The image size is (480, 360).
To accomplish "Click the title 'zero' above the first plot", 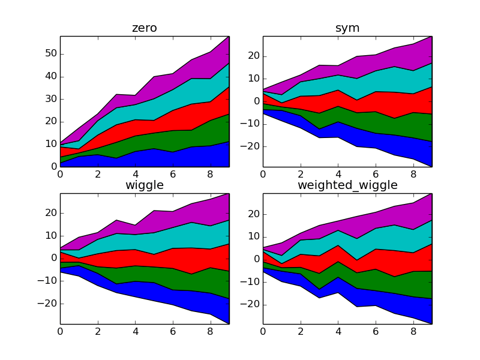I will [145, 29].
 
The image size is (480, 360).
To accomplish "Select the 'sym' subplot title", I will [347, 29].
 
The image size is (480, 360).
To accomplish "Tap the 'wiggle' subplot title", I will [145, 185].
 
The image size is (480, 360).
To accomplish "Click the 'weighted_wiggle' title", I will [347, 185].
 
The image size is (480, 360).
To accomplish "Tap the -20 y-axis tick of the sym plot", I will [248, 146].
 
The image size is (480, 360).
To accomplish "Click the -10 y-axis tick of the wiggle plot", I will [45, 281].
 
